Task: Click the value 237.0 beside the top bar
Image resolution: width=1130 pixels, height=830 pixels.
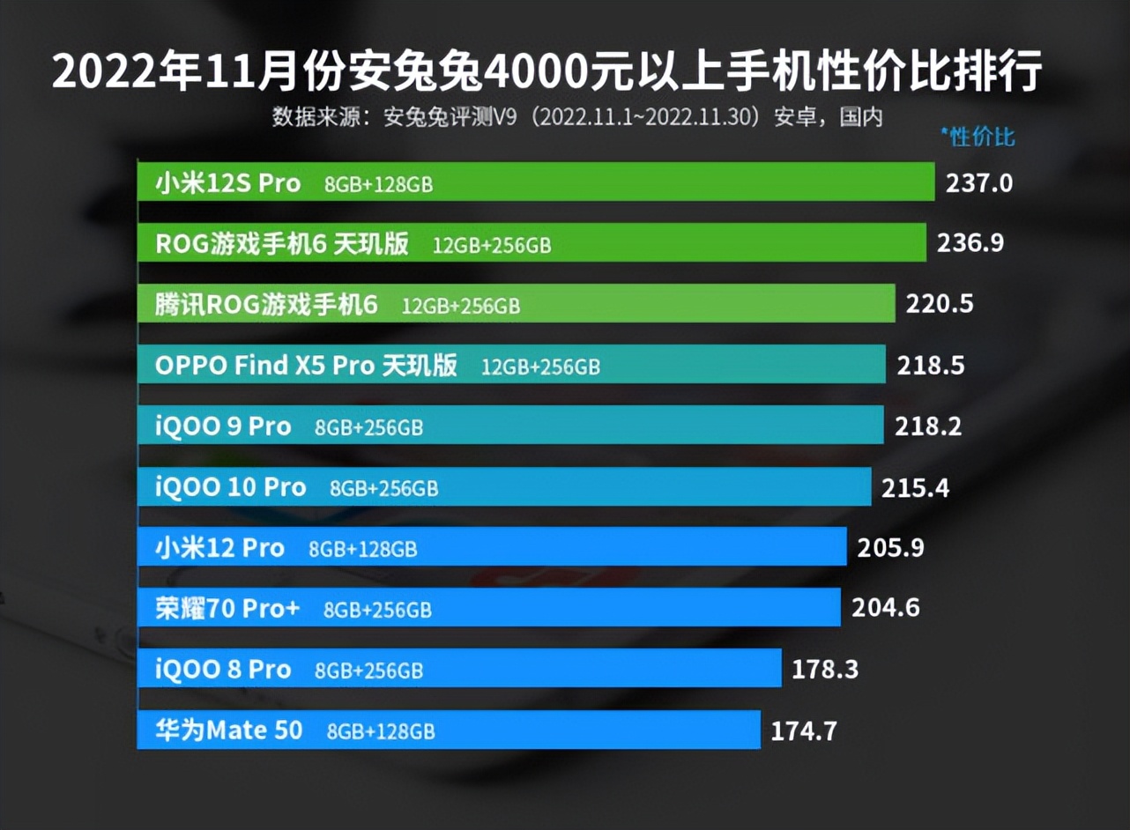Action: pos(979,183)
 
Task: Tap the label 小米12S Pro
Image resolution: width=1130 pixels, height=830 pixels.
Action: pos(228,183)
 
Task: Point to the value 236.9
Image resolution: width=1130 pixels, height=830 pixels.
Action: pos(970,243)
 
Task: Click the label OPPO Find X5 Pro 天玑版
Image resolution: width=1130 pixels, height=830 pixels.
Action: pos(306,366)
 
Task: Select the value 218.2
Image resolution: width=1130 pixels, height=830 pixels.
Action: pos(929,426)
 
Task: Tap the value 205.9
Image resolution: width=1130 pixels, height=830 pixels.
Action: pos(890,548)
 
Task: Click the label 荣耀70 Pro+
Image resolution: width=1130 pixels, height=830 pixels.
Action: pos(228,608)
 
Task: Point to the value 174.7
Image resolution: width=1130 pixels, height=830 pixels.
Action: pos(803,730)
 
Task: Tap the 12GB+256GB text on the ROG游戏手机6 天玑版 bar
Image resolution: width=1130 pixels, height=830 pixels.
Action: pos(491,246)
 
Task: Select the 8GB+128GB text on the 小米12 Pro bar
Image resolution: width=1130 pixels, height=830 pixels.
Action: pos(362,549)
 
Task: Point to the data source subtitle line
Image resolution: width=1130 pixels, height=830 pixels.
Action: pos(577,117)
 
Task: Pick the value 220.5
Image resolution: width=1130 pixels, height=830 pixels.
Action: pos(940,304)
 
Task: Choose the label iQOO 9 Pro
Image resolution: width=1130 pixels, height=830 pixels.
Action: pos(223,426)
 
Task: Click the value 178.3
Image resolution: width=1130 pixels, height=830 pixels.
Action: pos(825,669)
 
